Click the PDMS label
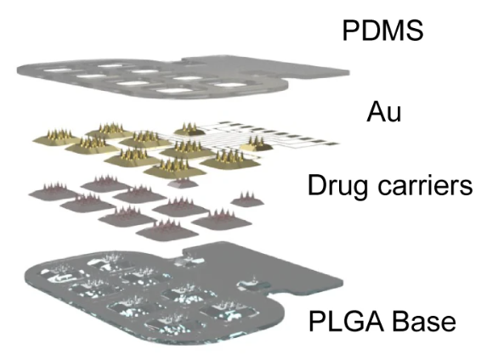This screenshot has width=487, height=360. (x=382, y=30)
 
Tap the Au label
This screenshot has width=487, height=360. (x=384, y=112)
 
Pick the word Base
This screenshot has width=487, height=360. (x=425, y=321)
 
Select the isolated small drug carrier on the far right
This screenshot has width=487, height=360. (x=247, y=200)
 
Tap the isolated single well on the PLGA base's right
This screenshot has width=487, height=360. (x=253, y=284)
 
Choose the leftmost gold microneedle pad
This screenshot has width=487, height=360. (x=56, y=138)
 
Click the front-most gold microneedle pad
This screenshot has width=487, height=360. (x=175, y=168)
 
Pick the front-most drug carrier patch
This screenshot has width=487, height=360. (x=167, y=229)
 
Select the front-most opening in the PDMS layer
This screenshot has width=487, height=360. (x=174, y=91)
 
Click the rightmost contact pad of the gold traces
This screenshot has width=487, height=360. (x=331, y=144)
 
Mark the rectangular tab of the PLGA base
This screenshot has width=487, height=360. (x=264, y=264)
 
